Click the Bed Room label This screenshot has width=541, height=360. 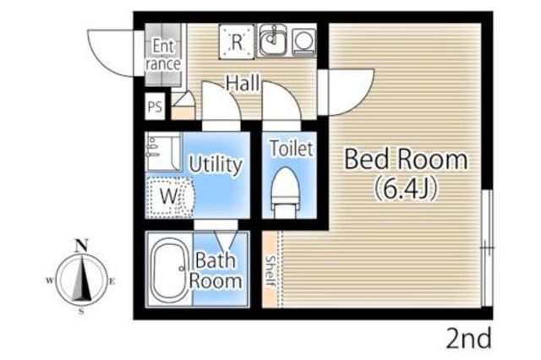406,160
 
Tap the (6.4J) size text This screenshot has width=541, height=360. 406,188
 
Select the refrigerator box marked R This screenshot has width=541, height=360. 237,41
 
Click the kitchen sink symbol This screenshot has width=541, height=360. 273,40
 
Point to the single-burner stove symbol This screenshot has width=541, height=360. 304,41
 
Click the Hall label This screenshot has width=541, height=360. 243,83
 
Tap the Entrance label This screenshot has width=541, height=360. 163,55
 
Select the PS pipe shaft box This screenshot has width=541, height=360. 155,106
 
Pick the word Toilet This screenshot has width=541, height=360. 291,149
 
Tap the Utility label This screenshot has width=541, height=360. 216,165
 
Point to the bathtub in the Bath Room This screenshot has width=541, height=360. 171,270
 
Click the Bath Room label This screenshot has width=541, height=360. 216,270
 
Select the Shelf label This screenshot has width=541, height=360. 270,271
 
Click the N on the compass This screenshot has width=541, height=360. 81,246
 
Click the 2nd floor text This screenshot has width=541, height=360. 469,339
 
